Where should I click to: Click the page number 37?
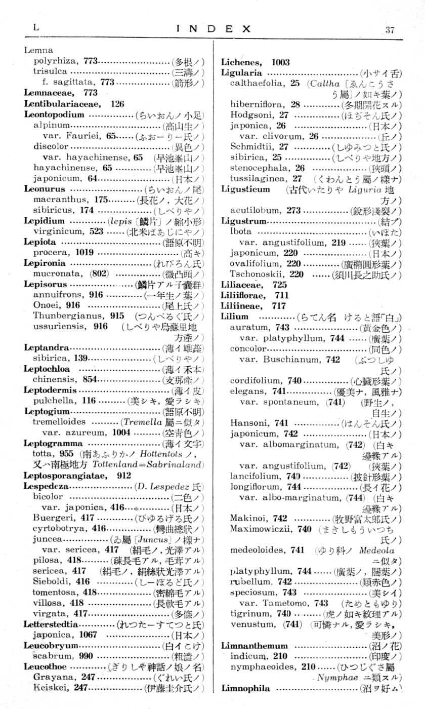[389, 29]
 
